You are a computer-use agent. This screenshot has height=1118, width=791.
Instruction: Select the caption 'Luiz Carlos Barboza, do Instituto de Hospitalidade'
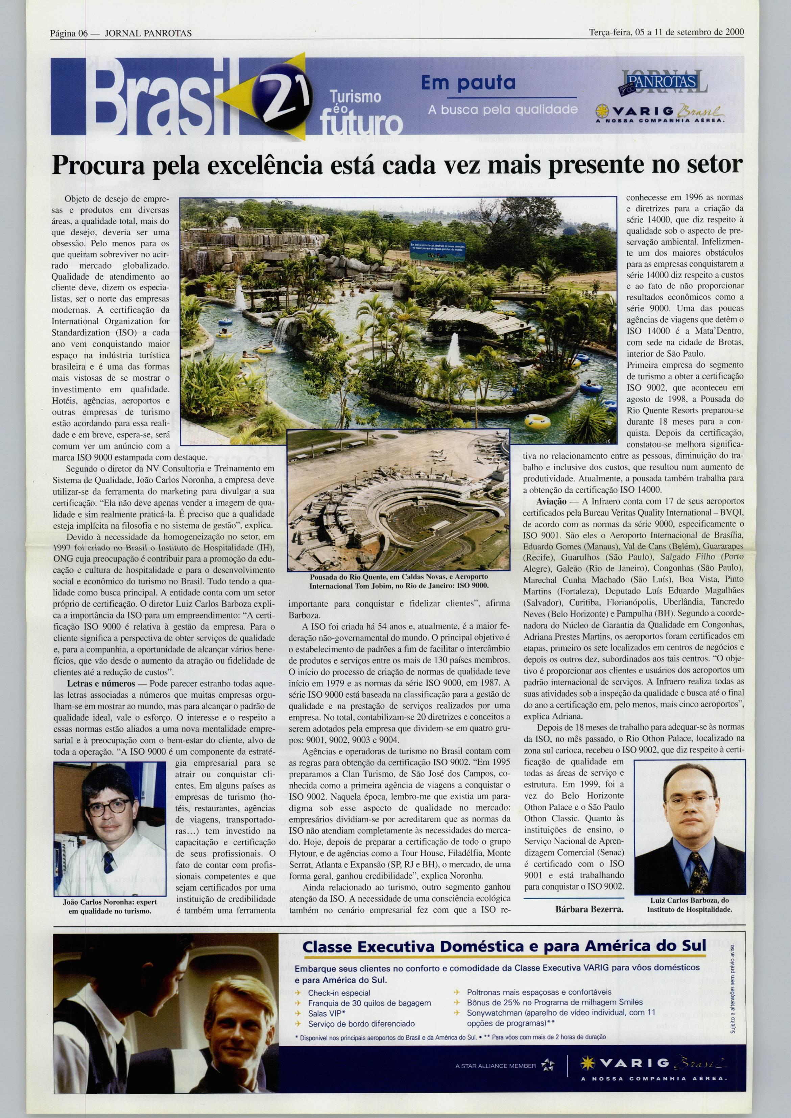689,905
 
